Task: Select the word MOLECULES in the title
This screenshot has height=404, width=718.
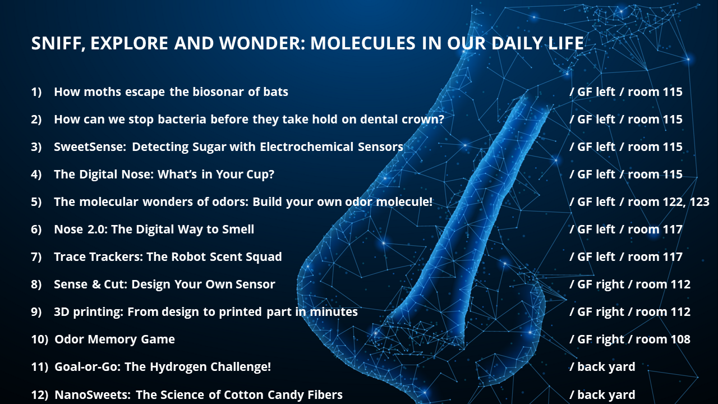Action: click(363, 43)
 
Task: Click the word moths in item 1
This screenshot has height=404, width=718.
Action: click(102, 91)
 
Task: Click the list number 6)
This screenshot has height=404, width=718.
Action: click(36, 229)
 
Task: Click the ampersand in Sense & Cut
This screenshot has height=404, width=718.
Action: click(96, 284)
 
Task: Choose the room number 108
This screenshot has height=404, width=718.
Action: click(679, 339)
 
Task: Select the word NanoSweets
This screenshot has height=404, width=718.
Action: click(93, 394)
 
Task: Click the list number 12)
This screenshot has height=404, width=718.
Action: click(39, 394)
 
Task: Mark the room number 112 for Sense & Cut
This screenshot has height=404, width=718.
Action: click(679, 284)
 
